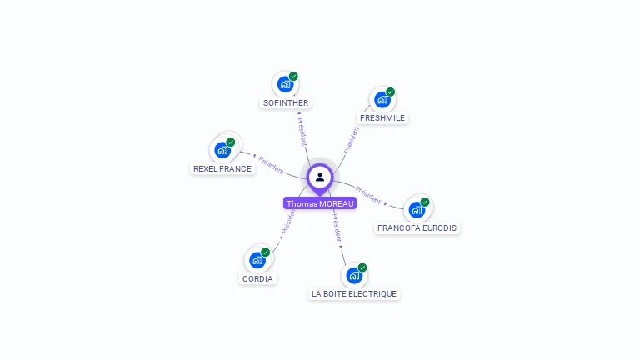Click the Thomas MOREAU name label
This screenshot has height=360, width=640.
pyautogui.click(x=320, y=203)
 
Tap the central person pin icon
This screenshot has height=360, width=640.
pyautogui.click(x=320, y=177)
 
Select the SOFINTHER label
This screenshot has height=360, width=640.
pyautogui.click(x=286, y=103)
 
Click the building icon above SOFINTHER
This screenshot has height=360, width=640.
pyautogui.click(x=285, y=84)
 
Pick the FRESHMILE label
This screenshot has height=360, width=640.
pyautogui.click(x=382, y=118)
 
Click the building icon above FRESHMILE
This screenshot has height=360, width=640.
pyautogui.click(x=382, y=100)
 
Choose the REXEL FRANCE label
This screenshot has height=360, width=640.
pyautogui.click(x=222, y=168)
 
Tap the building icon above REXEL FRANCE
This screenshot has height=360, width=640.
pyautogui.click(x=222, y=150)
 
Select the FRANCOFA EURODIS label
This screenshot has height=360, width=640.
pyautogui.click(x=417, y=227)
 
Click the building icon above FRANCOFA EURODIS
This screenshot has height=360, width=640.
pyautogui.click(x=417, y=209)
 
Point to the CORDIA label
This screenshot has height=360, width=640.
pyautogui.click(x=257, y=278)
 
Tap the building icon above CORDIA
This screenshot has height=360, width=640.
pyautogui.click(x=257, y=260)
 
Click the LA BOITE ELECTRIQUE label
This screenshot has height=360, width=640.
pyautogui.click(x=354, y=293)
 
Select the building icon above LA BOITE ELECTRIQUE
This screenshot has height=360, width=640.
pyautogui.click(x=354, y=275)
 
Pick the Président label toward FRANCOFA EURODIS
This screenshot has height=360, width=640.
pyautogui.click(x=368, y=195)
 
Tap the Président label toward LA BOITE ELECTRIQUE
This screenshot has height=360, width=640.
pyautogui.click(x=336, y=227)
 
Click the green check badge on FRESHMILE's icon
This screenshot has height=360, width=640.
pyautogui.click(x=390, y=92)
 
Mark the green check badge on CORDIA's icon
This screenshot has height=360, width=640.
pyautogui.click(x=265, y=252)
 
